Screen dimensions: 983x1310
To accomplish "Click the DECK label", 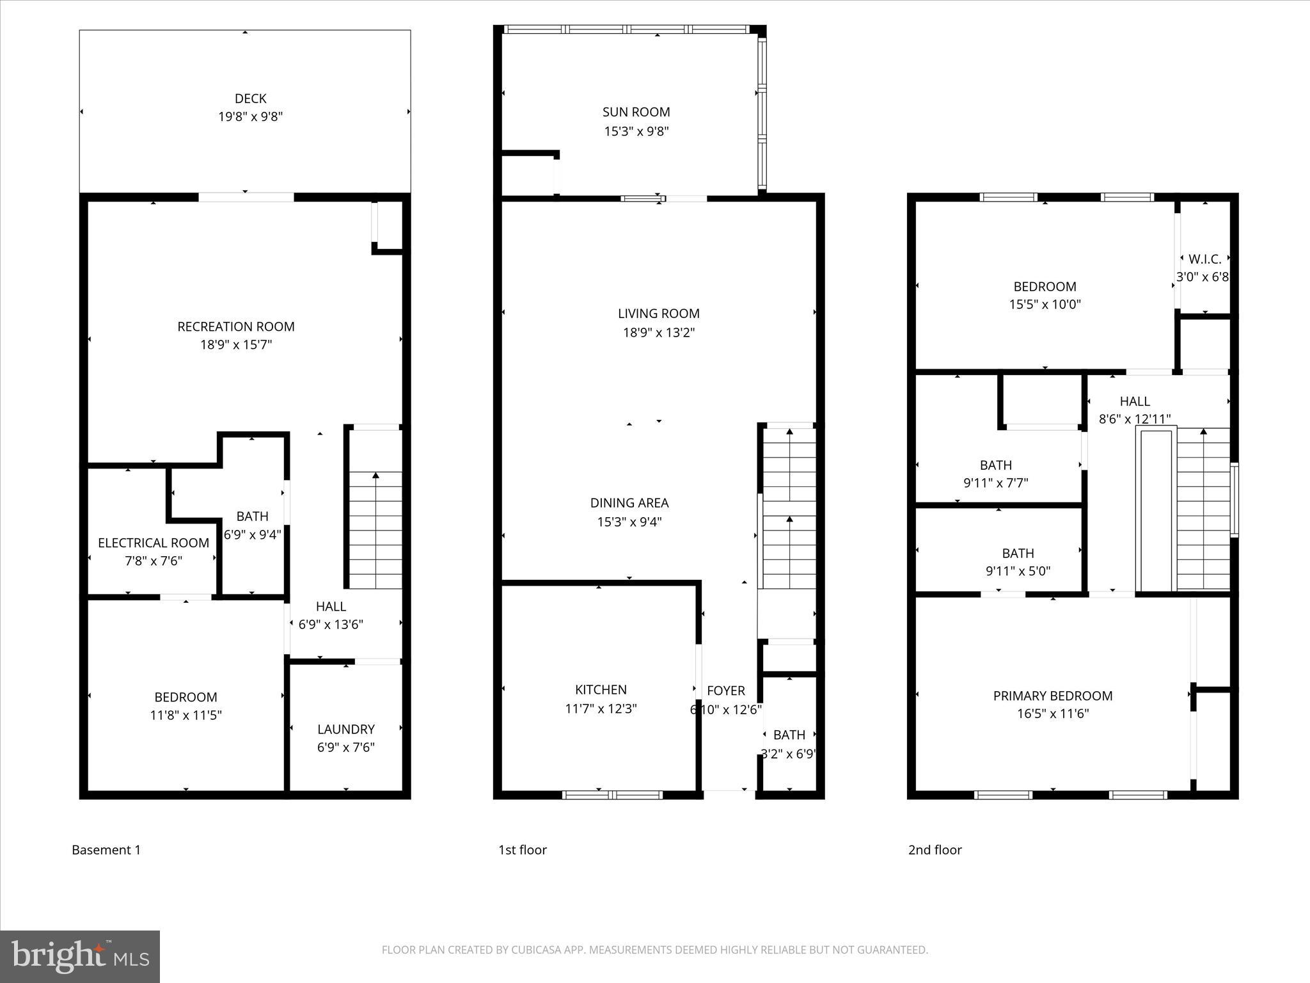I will coord(250,99).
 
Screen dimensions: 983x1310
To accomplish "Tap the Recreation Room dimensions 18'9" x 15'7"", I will coord(236,345).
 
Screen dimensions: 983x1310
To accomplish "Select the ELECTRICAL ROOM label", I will coord(154,543).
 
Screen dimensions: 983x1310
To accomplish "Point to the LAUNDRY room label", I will coord(346,729).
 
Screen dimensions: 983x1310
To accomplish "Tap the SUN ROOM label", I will coord(636,112).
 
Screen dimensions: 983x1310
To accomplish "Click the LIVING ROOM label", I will coord(658,314).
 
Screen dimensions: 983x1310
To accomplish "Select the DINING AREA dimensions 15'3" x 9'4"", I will coord(629,522).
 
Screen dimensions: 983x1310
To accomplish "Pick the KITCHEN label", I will coord(601,689).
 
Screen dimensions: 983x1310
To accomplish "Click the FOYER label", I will coord(725,691).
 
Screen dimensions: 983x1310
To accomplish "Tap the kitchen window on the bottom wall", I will coord(612,795).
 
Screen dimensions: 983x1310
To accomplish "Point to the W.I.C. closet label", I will coord(1204,259).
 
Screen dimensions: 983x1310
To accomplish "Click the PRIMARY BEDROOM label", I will coord(1052,696).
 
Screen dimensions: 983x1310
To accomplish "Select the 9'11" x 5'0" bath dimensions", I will coord(1018,571).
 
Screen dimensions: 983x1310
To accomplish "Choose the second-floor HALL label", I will coord(1135,401).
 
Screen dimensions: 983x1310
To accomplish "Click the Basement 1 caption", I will coord(106,850).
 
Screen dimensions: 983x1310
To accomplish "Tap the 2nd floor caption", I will coord(935,850).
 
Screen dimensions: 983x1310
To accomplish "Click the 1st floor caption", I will coord(522,850).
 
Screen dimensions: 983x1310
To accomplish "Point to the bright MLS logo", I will coord(80,956).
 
